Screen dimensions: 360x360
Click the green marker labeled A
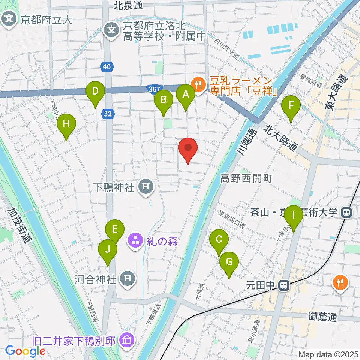point(185,95)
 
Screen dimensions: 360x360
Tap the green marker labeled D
point(95,91)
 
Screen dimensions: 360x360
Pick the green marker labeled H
point(66,124)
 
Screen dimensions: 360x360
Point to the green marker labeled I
point(294,216)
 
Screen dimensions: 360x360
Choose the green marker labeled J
point(108,250)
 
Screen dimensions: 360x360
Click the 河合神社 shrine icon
point(127,278)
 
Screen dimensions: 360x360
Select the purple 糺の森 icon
point(135,240)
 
